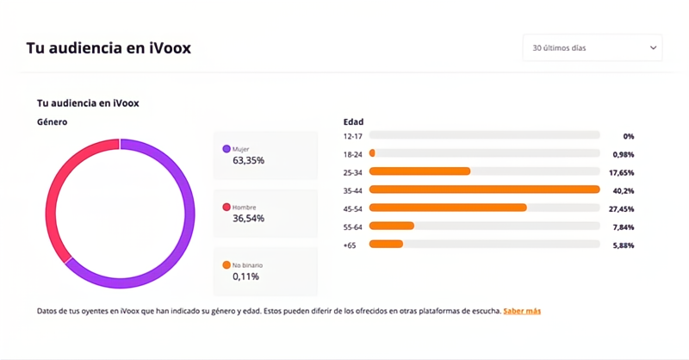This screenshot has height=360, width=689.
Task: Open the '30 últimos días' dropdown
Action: [x=592, y=48]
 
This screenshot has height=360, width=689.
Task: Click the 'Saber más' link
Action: [x=522, y=311]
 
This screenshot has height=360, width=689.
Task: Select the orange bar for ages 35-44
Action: [x=484, y=189]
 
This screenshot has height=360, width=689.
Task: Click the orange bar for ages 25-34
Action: [x=419, y=171]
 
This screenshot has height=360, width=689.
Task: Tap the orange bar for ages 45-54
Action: [x=448, y=208]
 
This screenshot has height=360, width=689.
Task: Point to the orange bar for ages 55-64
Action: [x=392, y=226]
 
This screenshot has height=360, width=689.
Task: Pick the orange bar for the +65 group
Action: [x=386, y=245]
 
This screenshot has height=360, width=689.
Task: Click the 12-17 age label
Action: [x=352, y=136]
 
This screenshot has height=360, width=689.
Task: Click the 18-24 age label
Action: [x=352, y=153]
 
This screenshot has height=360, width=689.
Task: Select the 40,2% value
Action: [x=623, y=190]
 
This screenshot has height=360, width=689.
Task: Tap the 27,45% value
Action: [x=621, y=208]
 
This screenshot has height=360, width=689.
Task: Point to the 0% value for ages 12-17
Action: [x=628, y=136]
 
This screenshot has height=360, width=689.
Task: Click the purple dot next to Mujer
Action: [x=227, y=149]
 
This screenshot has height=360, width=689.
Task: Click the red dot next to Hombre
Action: [x=227, y=208]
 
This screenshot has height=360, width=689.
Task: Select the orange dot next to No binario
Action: [x=227, y=265]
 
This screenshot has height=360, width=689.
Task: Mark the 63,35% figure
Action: [x=248, y=160]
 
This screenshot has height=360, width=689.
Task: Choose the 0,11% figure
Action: [x=245, y=276]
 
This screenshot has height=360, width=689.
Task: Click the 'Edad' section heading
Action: [x=353, y=122]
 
